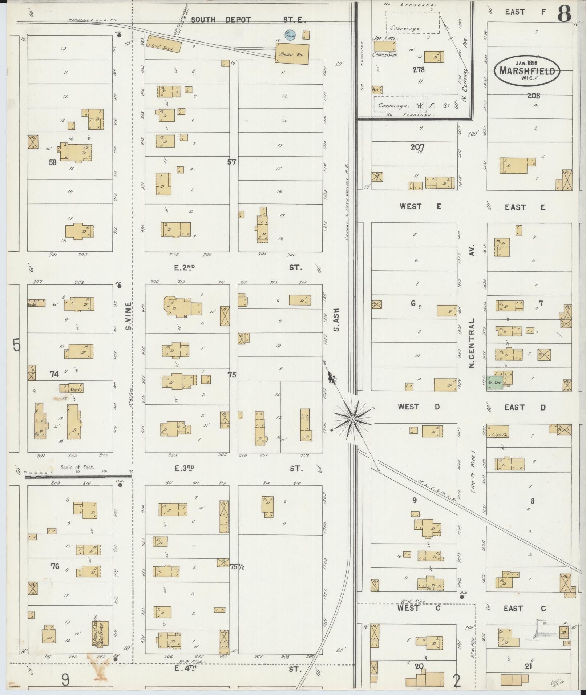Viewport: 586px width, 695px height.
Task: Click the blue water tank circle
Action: click(x=290, y=35)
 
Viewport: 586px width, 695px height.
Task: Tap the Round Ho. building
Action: click(x=292, y=54)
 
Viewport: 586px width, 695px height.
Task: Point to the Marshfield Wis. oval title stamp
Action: click(x=527, y=70)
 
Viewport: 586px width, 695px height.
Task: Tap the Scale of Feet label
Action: click(x=77, y=467)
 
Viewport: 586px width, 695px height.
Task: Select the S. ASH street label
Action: click(x=336, y=320)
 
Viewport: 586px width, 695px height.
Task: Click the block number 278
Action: click(x=419, y=69)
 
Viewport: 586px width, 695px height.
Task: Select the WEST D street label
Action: click(x=419, y=407)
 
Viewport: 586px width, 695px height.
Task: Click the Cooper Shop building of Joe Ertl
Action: click(x=385, y=46)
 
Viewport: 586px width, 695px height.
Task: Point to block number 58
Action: click(x=53, y=162)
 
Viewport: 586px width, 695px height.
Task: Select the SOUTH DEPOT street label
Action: click(x=221, y=20)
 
